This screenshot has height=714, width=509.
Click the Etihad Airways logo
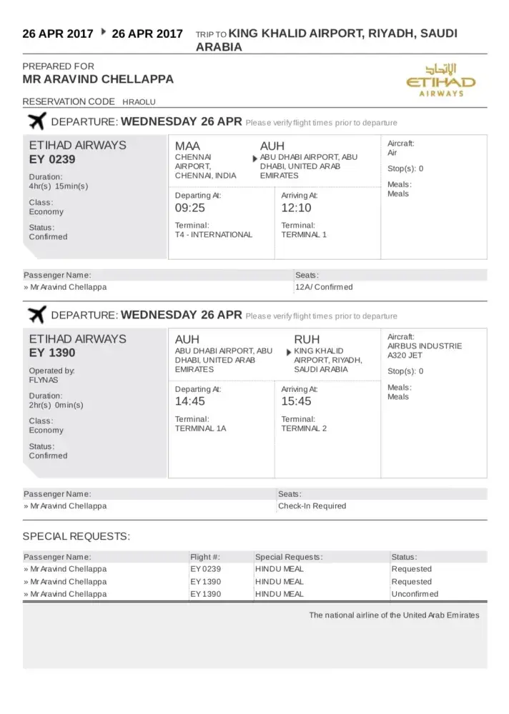click(440, 79)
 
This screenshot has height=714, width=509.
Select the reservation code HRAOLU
click(139, 102)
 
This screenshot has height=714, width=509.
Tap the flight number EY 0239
click(52, 159)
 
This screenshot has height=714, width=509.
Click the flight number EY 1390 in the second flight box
click(52, 353)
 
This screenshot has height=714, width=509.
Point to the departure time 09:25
click(190, 208)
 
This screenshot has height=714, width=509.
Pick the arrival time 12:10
click(296, 208)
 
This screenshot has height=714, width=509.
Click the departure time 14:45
click(190, 401)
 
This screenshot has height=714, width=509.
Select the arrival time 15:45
click(296, 401)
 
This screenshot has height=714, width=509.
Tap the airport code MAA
click(189, 146)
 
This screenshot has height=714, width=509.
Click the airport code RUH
click(307, 339)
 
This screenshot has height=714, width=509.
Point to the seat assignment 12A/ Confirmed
click(324, 287)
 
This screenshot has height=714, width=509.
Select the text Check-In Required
click(312, 506)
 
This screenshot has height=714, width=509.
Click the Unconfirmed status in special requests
click(415, 594)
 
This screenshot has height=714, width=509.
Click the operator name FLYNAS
click(44, 381)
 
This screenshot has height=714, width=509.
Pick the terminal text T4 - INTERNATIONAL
click(214, 235)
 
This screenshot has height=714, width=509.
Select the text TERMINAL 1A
click(201, 428)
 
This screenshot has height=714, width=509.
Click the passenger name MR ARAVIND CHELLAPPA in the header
click(98, 79)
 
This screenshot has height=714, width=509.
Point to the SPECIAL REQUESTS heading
click(76, 536)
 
